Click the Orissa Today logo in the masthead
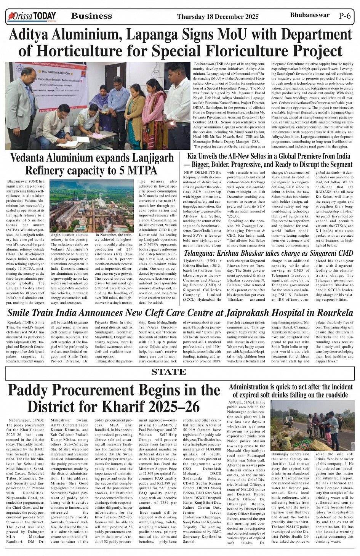pyautogui.click(x=32, y=16)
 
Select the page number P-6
pyautogui.click(x=344, y=16)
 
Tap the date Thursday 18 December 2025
pyautogui.click(x=218, y=16)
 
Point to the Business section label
pyautogui.click(x=91, y=16)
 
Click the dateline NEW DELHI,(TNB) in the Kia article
pyautogui.click(x=197, y=173)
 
